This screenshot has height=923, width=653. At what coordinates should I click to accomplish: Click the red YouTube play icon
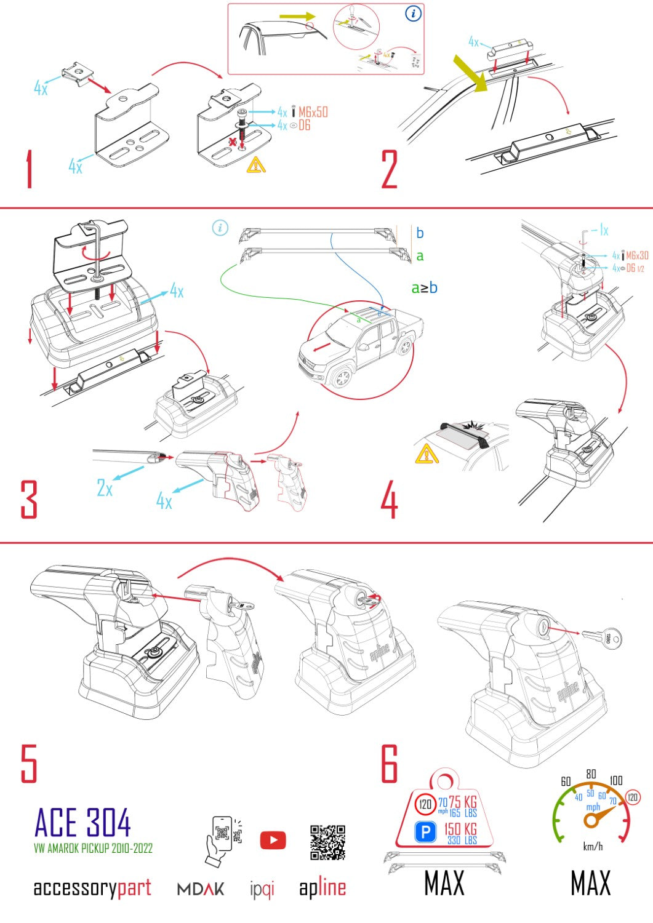273,841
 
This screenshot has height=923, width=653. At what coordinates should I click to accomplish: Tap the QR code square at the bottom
327,842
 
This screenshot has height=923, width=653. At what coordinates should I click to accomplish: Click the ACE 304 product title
82,823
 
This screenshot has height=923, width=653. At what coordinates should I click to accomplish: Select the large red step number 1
29,170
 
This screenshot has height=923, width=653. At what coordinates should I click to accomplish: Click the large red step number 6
390,764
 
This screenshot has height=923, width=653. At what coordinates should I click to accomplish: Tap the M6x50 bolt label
313,112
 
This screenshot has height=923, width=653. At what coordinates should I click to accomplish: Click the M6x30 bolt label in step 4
637,255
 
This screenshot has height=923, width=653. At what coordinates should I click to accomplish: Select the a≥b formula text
424,287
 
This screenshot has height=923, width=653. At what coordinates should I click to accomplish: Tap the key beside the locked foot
601,638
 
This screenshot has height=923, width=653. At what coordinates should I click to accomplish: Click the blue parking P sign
425,833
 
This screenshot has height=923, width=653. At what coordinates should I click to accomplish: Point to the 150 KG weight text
460,829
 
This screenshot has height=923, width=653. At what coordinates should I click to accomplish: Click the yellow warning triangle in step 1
256,165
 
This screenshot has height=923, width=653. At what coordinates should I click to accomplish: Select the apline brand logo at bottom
322,888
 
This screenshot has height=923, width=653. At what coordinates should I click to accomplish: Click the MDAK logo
201,889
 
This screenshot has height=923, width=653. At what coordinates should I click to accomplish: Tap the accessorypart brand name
92,888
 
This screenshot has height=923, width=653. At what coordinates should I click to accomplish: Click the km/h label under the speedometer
593,847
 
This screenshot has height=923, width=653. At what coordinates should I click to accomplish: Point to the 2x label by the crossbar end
105,488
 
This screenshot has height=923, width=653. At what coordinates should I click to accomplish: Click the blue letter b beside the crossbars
420,233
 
